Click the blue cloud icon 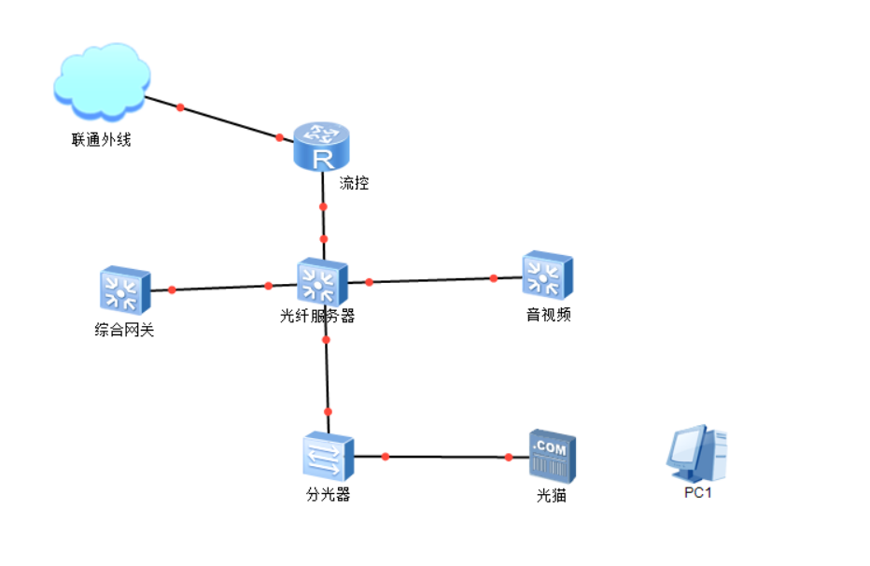tap(102, 81)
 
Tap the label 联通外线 tap(102, 140)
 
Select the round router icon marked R tap(321, 148)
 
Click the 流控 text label tap(355, 183)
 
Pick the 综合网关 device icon tap(125, 290)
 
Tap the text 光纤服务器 tap(317, 317)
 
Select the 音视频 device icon tap(547, 275)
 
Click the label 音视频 tap(548, 315)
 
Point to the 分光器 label tap(328, 495)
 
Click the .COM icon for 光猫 tap(553, 456)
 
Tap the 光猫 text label tap(551, 496)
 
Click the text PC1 tap(697, 492)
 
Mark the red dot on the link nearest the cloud tap(180, 107)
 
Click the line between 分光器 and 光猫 tap(446, 457)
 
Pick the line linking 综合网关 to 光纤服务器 tap(219, 288)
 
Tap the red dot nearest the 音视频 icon tap(494, 277)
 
